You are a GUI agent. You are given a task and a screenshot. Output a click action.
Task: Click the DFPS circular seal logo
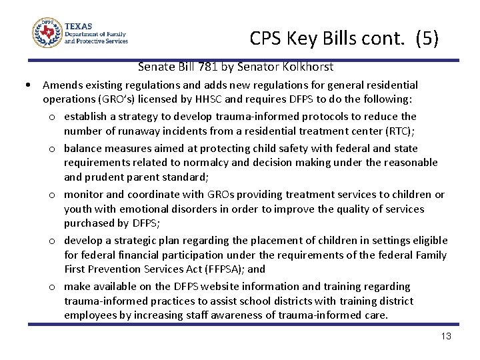point(47,32)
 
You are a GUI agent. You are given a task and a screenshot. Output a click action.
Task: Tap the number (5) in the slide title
point(427,39)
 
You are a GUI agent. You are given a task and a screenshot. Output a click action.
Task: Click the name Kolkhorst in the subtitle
point(308,67)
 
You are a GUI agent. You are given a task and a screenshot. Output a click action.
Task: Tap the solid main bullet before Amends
point(25,85)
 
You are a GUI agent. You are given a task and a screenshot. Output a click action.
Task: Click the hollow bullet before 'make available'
point(52,287)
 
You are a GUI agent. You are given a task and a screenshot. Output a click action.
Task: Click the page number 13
point(446,336)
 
